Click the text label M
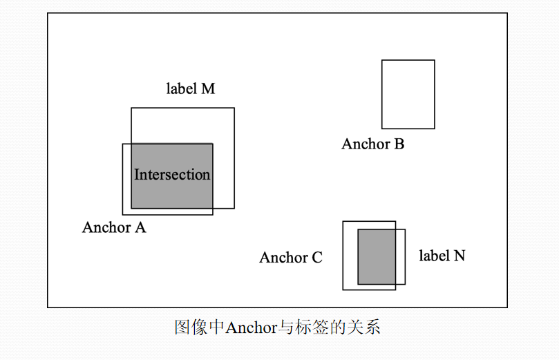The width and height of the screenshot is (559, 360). click(190, 88)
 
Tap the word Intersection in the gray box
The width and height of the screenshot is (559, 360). click(172, 175)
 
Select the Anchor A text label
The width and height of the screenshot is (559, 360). click(114, 227)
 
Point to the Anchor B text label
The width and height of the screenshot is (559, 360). click(372, 144)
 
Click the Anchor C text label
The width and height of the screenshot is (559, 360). click(291, 258)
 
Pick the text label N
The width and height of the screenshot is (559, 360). click(442, 256)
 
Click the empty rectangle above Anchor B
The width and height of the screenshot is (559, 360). click(408, 95)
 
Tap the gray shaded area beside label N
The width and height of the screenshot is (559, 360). click(376, 256)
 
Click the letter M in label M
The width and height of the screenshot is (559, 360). click(208, 88)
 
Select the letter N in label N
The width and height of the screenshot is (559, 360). click(459, 256)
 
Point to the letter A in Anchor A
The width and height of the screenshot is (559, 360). click(140, 227)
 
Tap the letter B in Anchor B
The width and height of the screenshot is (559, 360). click(399, 144)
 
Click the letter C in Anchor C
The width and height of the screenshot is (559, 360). click(316, 258)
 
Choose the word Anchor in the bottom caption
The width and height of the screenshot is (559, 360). click(251, 328)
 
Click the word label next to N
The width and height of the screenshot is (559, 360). click(433, 256)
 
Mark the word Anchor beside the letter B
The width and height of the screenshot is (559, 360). click(366, 144)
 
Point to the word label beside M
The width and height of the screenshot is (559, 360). click(180, 88)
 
